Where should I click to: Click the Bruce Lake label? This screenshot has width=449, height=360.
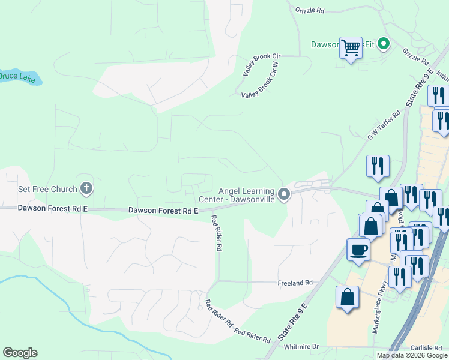pyautogui.click(x=16, y=76)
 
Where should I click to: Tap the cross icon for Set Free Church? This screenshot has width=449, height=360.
pyautogui.click(x=86, y=189)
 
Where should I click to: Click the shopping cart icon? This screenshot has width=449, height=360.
pyautogui.click(x=351, y=47)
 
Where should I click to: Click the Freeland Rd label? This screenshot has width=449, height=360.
pyautogui.click(x=295, y=282)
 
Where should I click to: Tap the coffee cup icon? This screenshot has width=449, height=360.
pyautogui.click(x=358, y=250)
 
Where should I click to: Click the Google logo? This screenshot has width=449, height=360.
pyautogui.click(x=20, y=353)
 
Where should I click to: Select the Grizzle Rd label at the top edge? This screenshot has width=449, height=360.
pyautogui.click(x=310, y=10)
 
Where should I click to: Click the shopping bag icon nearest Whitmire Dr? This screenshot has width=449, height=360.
pyautogui.click(x=348, y=296)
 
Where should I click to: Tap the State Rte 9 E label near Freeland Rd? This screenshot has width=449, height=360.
pyautogui.click(x=294, y=322)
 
